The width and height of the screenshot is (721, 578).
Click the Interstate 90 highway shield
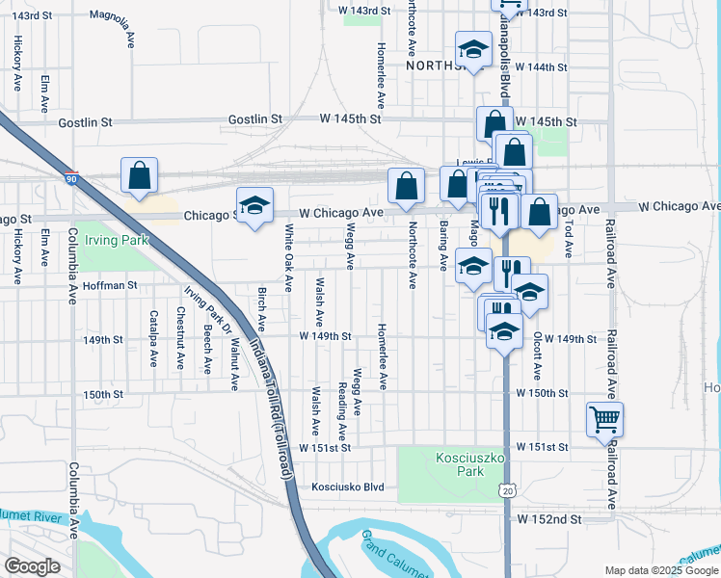pyautogui.click(x=71, y=178)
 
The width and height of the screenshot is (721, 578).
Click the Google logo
pyautogui.click(x=32, y=566)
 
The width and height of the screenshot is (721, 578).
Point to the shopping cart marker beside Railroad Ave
pyautogui.click(x=604, y=419)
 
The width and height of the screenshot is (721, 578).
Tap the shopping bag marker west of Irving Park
pyautogui.click(x=140, y=174)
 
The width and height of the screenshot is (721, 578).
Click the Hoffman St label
pyautogui.click(x=112, y=285)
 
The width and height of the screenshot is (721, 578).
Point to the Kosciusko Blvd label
pyautogui.click(x=347, y=487)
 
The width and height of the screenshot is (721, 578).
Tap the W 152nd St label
pyautogui.click(x=549, y=518)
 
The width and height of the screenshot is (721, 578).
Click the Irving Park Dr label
pyautogui.click(x=208, y=309)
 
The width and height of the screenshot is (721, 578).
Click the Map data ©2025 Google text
pyautogui.click(x=660, y=570)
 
